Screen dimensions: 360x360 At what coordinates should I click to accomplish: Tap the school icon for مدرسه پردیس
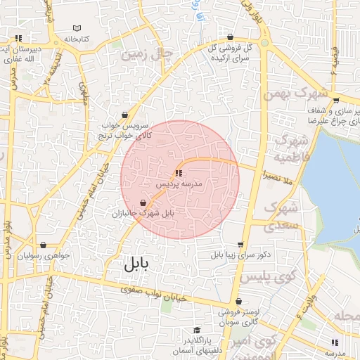pyautogui.click(x=179, y=172)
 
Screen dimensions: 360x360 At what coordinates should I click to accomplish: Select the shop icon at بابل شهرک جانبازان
pyautogui.click(x=143, y=202)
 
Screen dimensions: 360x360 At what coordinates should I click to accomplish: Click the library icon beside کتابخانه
pyautogui.click(x=77, y=29)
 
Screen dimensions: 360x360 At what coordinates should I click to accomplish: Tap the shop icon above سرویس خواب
pyautogui.click(x=125, y=114)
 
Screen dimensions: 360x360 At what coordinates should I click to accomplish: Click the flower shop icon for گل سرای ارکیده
pyautogui.click(x=230, y=37)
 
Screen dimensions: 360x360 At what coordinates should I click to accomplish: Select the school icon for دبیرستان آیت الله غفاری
pyautogui.click(x=18, y=39)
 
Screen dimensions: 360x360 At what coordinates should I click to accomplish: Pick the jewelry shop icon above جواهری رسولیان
pyautogui.click(x=44, y=245)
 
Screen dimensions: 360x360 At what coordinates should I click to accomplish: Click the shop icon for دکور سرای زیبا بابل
pyautogui.click(x=240, y=245)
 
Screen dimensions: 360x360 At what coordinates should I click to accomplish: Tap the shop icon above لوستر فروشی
pyautogui.click(x=238, y=301)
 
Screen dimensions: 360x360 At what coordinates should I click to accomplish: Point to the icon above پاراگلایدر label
pyautogui.click(x=198, y=330)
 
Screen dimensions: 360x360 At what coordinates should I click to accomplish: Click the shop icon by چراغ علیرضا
pyautogui.click(x=336, y=99)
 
